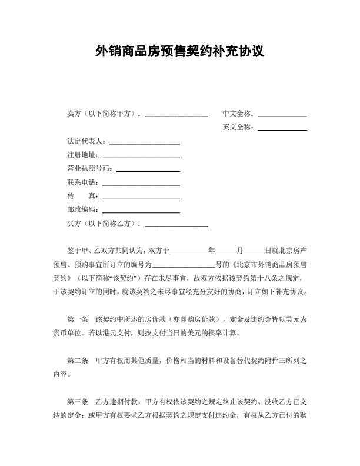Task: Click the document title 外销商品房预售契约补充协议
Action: [x=179, y=51]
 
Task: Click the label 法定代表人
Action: [x=86, y=142]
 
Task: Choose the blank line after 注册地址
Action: [x=141, y=156]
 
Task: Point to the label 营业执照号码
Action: [x=90, y=169]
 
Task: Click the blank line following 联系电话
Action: [x=141, y=183]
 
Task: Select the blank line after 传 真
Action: [x=141, y=197]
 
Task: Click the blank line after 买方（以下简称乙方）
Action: [x=176, y=224]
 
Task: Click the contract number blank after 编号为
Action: [x=184, y=265]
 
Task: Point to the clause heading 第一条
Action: [x=78, y=320]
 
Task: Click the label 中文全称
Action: [x=238, y=114]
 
